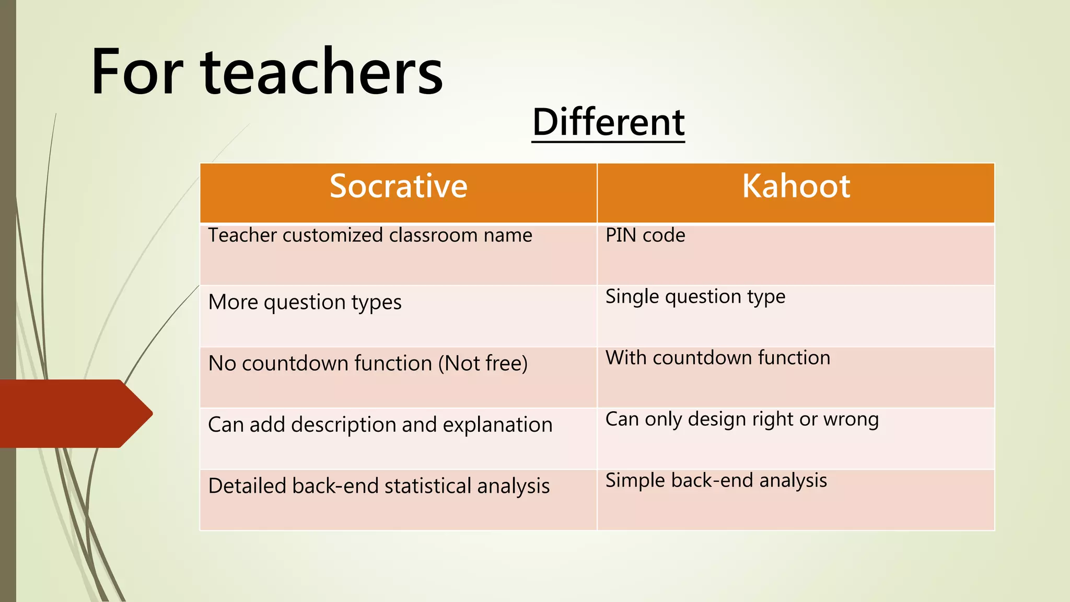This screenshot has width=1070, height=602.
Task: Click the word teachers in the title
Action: (322, 72)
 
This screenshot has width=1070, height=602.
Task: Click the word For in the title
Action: (137, 72)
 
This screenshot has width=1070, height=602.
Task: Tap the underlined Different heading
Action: (608, 122)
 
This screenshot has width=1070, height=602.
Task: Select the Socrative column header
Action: (398, 186)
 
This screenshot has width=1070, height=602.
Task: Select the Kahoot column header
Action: (796, 186)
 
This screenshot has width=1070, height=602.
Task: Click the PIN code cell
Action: (645, 235)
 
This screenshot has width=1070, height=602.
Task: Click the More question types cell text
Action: (305, 302)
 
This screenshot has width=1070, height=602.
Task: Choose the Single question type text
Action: (695, 296)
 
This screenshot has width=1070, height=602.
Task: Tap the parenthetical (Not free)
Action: (483, 363)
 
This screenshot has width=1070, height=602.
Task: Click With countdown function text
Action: (717, 358)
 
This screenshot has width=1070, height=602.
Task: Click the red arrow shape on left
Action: (73, 413)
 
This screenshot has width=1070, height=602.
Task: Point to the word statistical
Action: (428, 486)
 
